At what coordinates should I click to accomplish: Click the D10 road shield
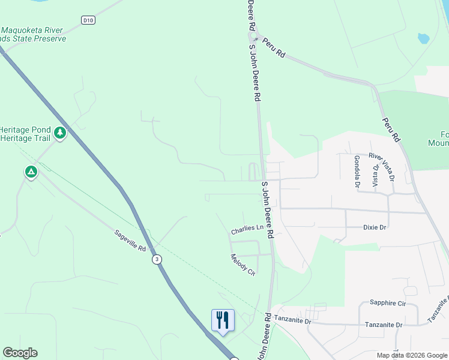(x=88, y=20)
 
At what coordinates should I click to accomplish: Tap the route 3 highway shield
(x=157, y=259)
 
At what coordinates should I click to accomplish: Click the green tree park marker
(x=60, y=132)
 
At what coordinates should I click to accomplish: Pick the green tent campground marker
(x=31, y=172)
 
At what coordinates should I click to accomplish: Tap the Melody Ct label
(x=243, y=265)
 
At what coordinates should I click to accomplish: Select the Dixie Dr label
(x=375, y=227)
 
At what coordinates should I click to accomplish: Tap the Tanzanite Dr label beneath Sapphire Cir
(x=384, y=325)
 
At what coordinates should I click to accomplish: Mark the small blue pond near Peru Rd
(x=424, y=38)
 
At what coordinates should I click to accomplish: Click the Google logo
(x=20, y=353)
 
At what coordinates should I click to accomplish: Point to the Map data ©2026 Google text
(x=412, y=355)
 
